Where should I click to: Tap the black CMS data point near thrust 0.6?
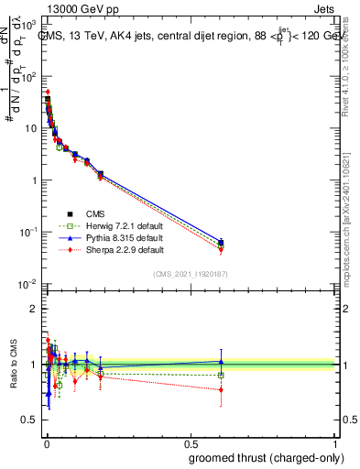[x=221, y=243]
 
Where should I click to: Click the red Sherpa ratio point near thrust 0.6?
[x=221, y=389]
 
